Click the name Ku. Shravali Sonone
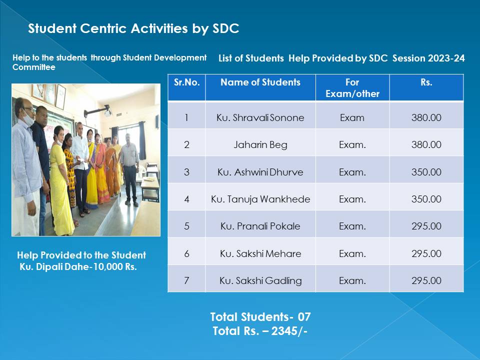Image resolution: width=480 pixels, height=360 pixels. tap(260, 117)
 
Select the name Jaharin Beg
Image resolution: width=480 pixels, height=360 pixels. tap(260, 145)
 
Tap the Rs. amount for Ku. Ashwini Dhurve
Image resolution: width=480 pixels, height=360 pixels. tap(426, 172)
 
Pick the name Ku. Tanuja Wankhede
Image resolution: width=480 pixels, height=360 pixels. tap(260, 199)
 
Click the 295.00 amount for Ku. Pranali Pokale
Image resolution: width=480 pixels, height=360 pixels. tap(426, 226)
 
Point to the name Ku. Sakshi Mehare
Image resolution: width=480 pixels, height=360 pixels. tap(260, 253)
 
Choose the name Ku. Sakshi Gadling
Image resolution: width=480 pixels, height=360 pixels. tap(260, 280)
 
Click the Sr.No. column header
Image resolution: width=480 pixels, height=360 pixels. tap(186, 82)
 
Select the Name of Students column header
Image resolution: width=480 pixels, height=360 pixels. tap(260, 82)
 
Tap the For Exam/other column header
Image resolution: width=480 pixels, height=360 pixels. tap(352, 88)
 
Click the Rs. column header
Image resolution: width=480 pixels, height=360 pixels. tap(426, 82)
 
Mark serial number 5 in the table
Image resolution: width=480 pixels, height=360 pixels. tap(186, 226)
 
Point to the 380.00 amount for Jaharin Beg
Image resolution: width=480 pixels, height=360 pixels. tap(426, 145)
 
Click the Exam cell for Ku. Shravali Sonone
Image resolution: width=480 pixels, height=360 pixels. tap(352, 118)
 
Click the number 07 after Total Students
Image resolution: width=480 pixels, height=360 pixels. tap(304, 317)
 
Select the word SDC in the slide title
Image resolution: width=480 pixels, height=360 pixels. tap(226, 28)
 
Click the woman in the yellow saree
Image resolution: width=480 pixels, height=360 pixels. tap(60, 183)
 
